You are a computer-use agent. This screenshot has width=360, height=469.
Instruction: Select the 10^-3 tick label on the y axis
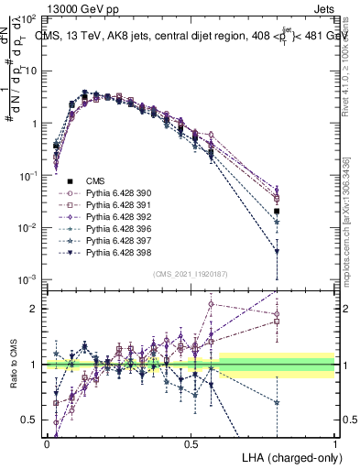click(x=28, y=279)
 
